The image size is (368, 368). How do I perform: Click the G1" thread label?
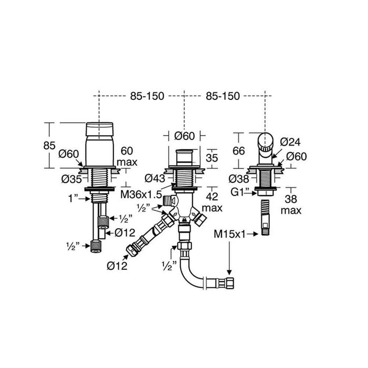coord(241,193)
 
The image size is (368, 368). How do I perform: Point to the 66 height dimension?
coord(239,150)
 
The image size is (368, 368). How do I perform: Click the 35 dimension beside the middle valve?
coord(213,157)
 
